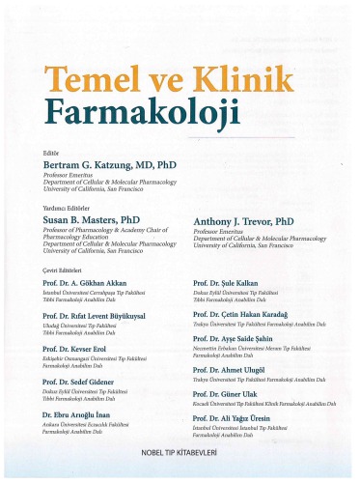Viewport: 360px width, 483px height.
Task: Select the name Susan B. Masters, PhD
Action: [86, 221]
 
